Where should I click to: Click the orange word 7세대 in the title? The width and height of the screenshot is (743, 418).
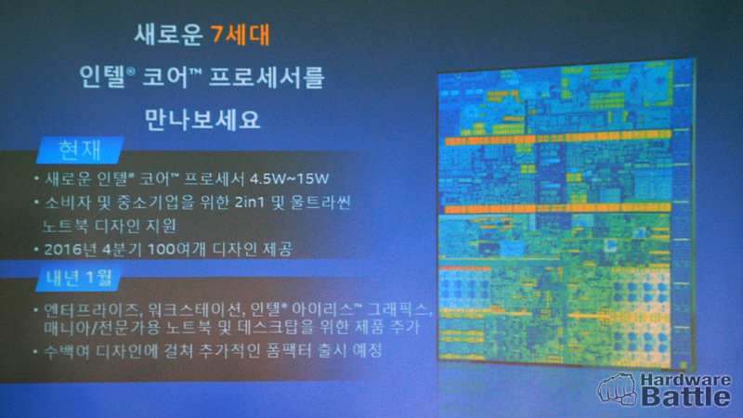point(241,34)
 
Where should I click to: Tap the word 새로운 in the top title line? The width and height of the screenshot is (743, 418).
point(169,34)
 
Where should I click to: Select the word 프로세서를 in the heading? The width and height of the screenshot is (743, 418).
point(267,77)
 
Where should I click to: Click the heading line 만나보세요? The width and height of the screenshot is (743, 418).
point(202,120)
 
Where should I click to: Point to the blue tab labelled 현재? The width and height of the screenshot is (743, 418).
point(80,150)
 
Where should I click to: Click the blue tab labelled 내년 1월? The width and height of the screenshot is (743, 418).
point(79,278)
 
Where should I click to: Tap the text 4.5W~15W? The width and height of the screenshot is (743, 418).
point(289,178)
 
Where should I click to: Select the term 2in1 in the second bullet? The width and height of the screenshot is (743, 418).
point(249,202)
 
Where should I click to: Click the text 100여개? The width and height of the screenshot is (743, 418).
point(176,249)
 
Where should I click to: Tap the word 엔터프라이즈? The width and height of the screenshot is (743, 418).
point(92,310)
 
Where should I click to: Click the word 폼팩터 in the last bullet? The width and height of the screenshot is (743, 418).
point(289,351)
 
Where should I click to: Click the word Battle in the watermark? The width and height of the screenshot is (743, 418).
point(685,397)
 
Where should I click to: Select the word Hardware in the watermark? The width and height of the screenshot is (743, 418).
point(685,380)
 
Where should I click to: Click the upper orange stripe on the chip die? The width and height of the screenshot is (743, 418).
point(558,137)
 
